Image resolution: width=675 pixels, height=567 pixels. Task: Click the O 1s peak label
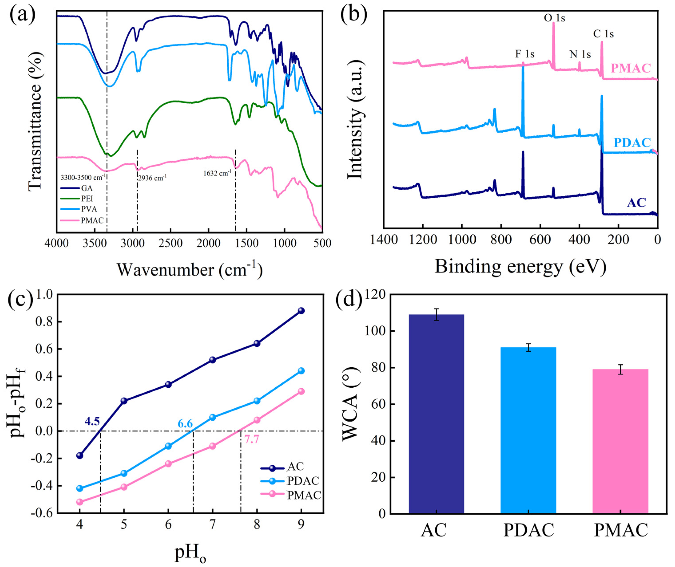pos(554,18)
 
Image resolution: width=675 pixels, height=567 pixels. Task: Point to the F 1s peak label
pos(525,54)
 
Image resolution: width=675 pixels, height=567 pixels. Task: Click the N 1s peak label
pos(580,54)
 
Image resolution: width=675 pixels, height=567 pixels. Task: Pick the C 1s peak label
pos(603,34)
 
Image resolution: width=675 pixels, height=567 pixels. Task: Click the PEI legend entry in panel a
pos(87,199)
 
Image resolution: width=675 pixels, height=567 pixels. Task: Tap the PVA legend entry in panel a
pos(88,209)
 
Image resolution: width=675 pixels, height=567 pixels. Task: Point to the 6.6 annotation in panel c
pos(185,424)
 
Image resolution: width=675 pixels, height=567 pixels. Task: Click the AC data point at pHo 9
pos(301,311)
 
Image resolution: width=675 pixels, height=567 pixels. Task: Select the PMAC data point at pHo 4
pos(80,502)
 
